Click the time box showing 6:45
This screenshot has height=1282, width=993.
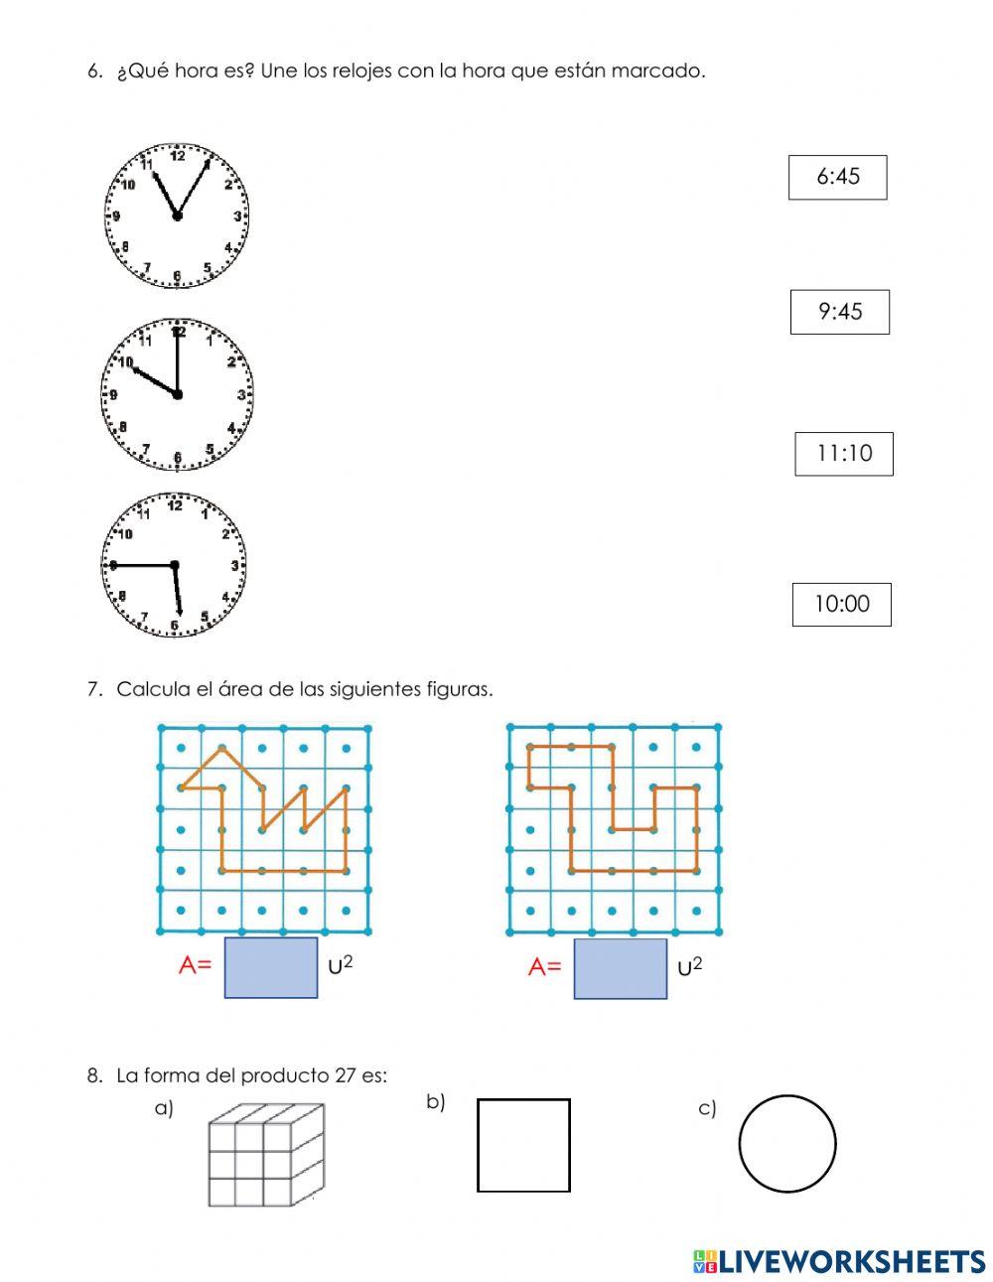(x=837, y=178)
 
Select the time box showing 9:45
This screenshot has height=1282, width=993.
(x=839, y=312)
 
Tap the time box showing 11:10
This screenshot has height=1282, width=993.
(x=843, y=454)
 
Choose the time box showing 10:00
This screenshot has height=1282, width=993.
(x=841, y=604)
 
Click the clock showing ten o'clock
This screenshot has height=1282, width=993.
(x=177, y=394)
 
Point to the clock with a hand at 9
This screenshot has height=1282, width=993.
(x=174, y=565)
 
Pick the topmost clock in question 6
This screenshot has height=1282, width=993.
(x=177, y=215)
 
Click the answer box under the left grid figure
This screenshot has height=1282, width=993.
(x=271, y=967)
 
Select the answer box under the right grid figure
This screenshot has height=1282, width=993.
(x=621, y=968)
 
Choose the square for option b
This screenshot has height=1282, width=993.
(x=523, y=1145)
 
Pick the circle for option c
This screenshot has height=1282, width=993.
(x=787, y=1143)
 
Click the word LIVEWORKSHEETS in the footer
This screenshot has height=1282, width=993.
(x=851, y=1261)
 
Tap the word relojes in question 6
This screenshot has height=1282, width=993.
(x=358, y=71)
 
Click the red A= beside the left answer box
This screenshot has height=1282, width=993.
(x=196, y=965)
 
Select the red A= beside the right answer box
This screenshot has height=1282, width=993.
(x=545, y=966)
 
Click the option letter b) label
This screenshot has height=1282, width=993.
(x=436, y=1101)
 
